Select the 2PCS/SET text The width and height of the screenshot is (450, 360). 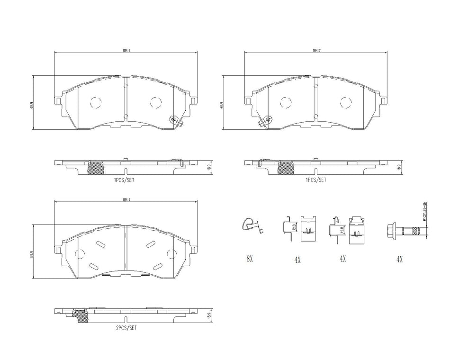(x=126, y=327)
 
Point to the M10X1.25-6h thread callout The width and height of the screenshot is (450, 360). (x=425, y=212)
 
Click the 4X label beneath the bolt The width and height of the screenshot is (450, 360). (x=399, y=259)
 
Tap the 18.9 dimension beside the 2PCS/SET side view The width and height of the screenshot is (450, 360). (x=209, y=315)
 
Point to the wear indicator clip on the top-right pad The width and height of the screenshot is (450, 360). (x=265, y=121)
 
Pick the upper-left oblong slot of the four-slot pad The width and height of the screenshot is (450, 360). (x=101, y=244)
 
